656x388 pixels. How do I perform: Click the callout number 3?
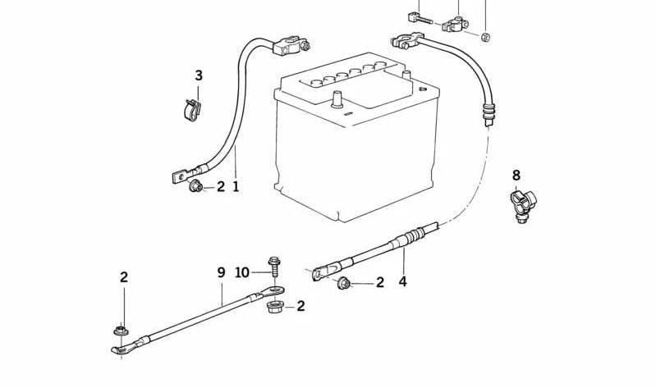(199, 75)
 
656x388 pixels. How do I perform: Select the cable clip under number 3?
(192, 110)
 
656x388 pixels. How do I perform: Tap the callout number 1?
(236, 186)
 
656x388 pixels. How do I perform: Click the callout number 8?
(516, 175)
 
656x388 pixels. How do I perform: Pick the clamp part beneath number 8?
(522, 206)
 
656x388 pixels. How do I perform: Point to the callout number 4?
(402, 282)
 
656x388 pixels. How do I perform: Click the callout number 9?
(222, 272)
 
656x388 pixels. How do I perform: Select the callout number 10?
(242, 272)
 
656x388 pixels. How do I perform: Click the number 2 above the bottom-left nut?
(124, 276)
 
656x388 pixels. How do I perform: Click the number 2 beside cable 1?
(221, 186)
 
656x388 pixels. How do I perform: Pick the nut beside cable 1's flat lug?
(195, 185)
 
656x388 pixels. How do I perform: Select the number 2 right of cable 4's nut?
(380, 282)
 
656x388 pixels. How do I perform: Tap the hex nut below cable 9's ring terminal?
(274, 308)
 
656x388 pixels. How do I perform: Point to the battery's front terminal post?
(337, 100)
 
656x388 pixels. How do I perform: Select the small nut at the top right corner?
(485, 37)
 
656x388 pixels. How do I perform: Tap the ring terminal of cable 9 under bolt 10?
(273, 290)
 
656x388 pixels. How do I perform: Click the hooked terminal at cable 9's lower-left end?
(123, 348)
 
